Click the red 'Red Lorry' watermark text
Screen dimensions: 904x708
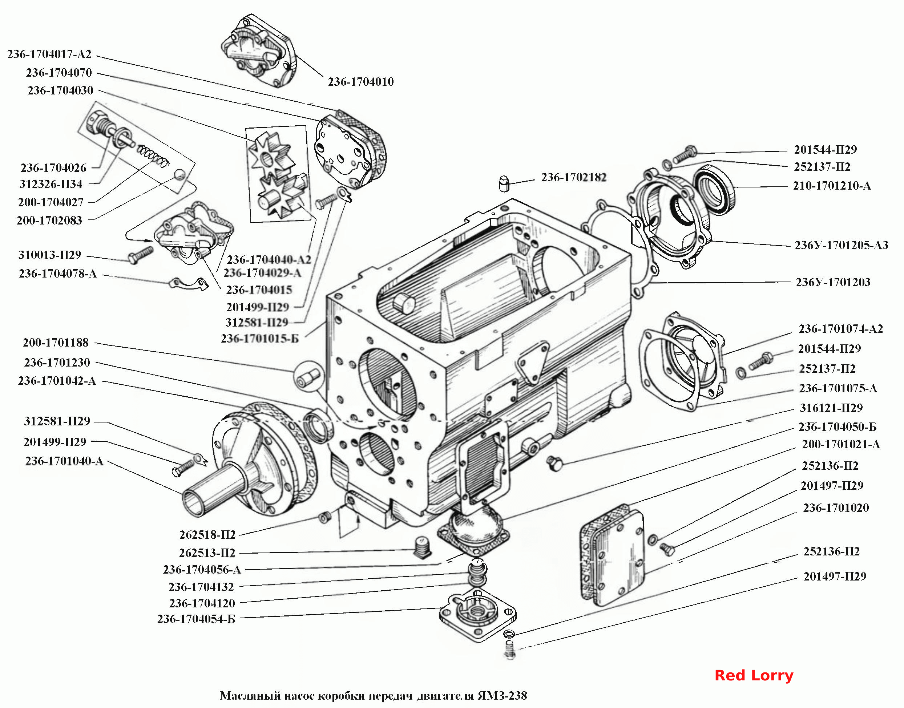[754, 675]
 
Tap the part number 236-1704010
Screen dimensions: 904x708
[361, 82]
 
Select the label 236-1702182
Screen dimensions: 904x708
[573, 177]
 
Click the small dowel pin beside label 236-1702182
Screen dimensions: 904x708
[504, 184]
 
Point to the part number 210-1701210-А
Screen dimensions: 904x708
[832, 186]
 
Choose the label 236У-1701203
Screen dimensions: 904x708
[833, 282]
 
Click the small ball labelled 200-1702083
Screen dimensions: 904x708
[179, 174]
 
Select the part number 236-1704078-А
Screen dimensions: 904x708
[58, 274]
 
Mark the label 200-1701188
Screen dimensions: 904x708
[56, 343]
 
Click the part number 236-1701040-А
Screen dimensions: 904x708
[64, 461]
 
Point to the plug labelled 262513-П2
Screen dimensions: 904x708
[423, 547]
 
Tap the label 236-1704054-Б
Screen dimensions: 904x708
[196, 619]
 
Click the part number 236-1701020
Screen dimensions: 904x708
[836, 508]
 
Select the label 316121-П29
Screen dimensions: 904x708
[831, 408]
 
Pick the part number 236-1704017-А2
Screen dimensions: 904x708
[49, 54]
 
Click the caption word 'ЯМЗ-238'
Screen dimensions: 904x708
[502, 695]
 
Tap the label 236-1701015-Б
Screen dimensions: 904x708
[259, 339]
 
